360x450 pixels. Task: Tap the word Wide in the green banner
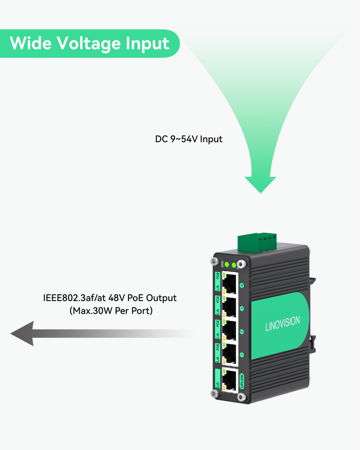pos(31,43)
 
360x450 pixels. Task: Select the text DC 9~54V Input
pos(189,139)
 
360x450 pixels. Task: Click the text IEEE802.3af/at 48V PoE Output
pos(110,298)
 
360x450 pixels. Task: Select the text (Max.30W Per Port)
pos(111,310)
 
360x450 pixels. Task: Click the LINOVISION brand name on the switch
pos(282,324)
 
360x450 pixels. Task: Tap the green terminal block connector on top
pos(257,240)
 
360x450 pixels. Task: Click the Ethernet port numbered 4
pos(230,283)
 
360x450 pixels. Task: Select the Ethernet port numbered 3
pos(230,307)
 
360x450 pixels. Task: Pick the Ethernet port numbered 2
pos(230,331)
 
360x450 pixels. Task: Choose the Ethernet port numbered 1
pos(230,355)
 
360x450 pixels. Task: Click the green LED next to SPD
pos(227,264)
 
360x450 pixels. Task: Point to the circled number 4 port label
pos(242,284)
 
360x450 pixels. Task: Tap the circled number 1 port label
pos(242,355)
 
